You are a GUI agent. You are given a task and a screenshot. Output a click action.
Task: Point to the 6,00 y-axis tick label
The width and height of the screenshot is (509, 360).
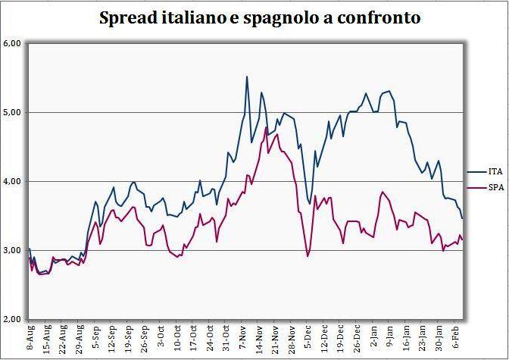11,44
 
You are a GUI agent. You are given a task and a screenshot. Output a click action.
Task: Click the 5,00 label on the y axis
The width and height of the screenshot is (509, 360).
11,113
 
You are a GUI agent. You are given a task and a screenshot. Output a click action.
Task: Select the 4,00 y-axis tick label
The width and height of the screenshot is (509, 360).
11,182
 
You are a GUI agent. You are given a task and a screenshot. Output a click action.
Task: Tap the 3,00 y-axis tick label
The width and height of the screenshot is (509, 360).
11,250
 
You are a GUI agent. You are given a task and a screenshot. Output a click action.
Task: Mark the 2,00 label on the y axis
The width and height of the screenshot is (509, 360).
11,319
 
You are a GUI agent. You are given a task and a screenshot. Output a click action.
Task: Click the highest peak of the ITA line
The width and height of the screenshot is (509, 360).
247,77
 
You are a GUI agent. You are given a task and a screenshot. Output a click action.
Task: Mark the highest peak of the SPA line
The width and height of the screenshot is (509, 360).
266,127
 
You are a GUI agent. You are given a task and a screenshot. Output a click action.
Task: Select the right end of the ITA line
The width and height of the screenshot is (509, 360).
462,218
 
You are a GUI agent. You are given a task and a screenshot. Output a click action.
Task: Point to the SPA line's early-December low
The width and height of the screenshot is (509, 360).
308,256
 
